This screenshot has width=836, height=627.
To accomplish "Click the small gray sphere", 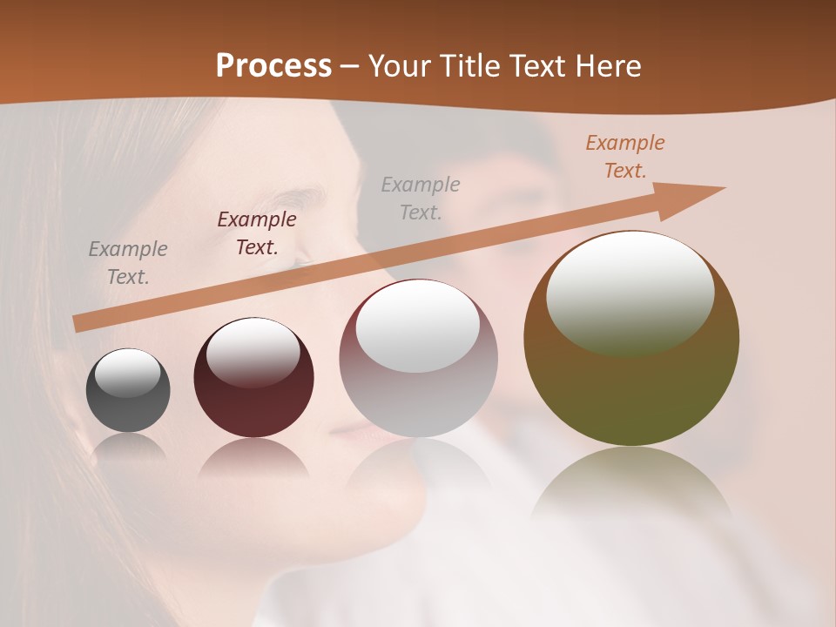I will [128, 391].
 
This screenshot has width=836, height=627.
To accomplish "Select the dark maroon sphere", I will [253, 378].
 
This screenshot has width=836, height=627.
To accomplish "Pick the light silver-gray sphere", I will [418, 359].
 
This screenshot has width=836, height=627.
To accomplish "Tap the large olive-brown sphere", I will [631, 339].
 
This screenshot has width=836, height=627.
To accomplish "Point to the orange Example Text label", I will [624, 157].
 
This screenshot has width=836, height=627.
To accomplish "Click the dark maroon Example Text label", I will [257, 233].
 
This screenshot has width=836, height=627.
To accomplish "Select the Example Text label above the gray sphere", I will [128, 263].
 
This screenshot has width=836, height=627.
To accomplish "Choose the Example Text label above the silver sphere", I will [421, 198].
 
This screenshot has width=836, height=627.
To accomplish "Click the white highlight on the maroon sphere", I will [253, 350].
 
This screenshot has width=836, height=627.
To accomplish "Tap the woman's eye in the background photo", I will [300, 260].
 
